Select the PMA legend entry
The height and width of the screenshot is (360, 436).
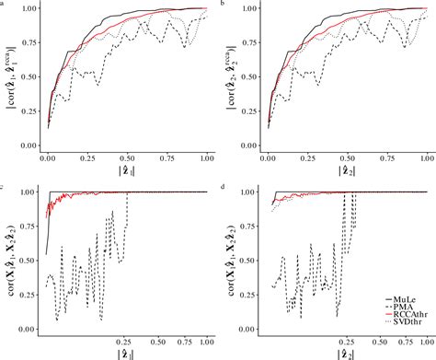coord(403,309)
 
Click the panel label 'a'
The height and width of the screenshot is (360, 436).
coord(4,5)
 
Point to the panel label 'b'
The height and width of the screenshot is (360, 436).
coord(224,5)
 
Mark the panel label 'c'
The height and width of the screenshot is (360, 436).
coord(4,188)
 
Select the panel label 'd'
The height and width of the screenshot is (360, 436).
coord(224,188)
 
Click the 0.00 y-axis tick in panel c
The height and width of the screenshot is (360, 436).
coord(30,329)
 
